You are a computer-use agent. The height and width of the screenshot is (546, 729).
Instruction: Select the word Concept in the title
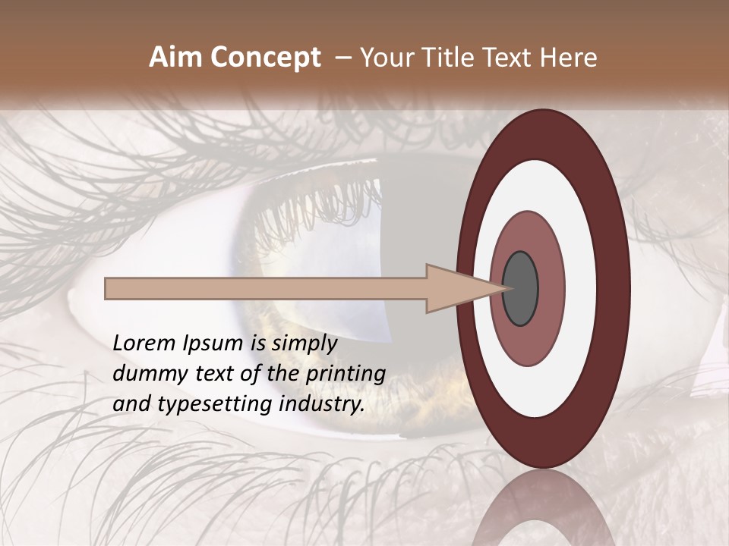pyautogui.click(x=265, y=58)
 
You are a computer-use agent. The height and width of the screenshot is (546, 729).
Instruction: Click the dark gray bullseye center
pyautogui.click(x=521, y=289)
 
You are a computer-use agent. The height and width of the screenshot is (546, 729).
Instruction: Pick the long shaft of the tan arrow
pyautogui.click(x=266, y=289)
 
